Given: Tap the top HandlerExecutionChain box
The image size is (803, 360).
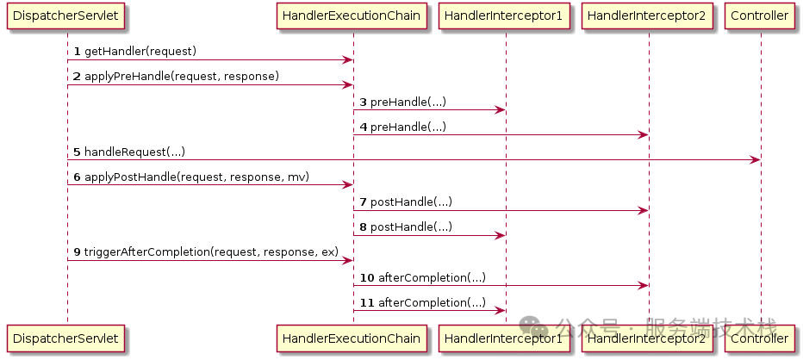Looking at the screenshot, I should coord(352,15).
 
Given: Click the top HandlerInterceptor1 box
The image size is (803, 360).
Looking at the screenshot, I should coord(505,15).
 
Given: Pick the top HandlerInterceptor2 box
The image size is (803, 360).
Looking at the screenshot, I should coord(649,15).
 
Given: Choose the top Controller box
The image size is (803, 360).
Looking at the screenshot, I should coord(761,15).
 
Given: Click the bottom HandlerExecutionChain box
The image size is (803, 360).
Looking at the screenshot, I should coord(352,338).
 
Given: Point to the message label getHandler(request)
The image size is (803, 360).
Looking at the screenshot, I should coord(140,52).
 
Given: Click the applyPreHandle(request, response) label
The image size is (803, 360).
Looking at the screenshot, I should coord(182,77).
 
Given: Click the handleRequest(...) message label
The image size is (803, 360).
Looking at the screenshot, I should coord(134,152).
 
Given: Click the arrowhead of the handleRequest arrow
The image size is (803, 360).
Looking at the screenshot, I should coord(756,160).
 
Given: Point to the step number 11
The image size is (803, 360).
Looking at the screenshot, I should coord(366,302).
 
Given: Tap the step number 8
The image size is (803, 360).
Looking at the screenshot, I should coord(363,227).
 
